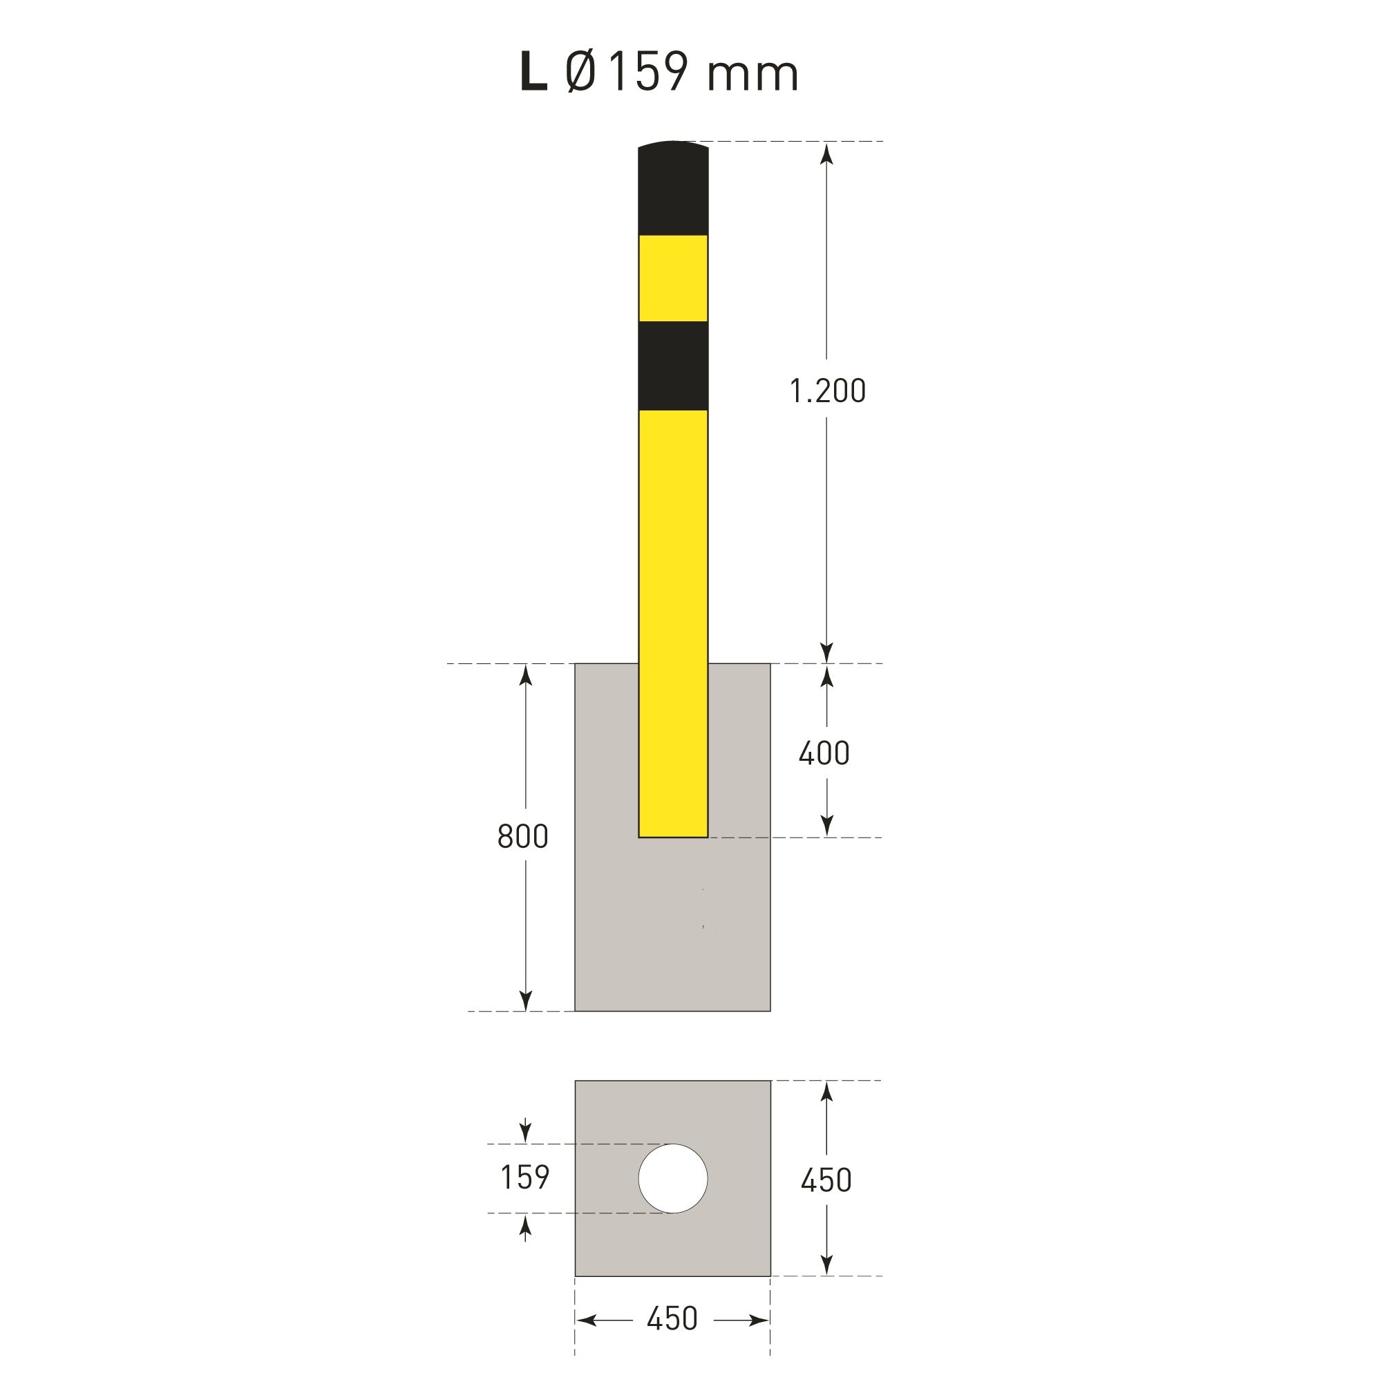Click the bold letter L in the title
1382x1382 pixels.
click(533, 73)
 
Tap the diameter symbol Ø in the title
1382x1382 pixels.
click(580, 73)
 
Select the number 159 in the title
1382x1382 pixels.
click(648, 73)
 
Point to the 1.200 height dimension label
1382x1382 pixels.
click(828, 391)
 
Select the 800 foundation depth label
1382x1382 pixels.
click(523, 837)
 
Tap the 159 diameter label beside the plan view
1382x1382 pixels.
click(525, 1178)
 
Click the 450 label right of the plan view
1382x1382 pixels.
click(826, 1180)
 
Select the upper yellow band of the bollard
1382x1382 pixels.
click(673, 278)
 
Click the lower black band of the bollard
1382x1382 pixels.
click(673, 366)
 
